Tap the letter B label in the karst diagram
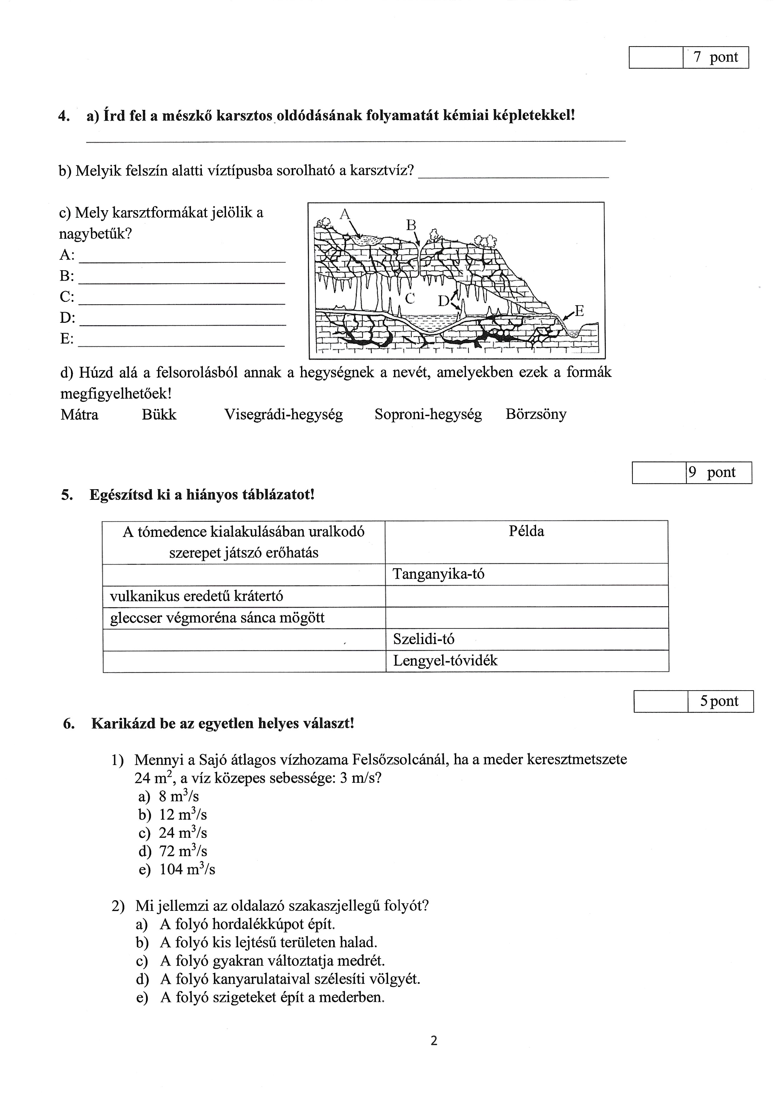point(411,225)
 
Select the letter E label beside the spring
point(579,311)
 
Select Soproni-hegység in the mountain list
point(428,414)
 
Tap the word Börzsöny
point(536,414)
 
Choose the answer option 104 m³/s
point(187,869)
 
